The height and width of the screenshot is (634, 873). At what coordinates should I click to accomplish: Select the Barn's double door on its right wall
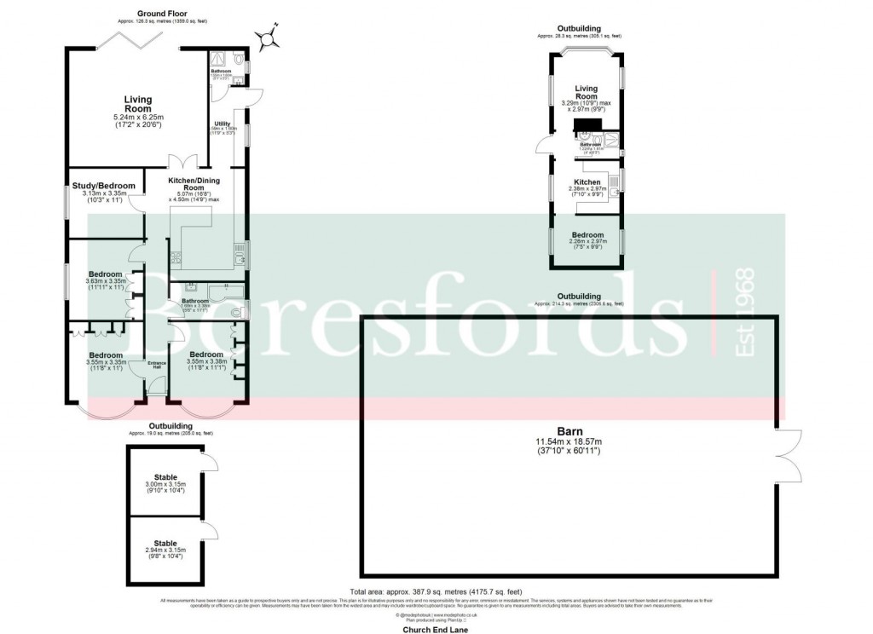coord(789,452)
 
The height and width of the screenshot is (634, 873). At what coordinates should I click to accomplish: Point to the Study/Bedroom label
coord(103,186)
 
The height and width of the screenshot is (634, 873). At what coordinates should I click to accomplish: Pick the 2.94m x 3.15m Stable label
coord(165,543)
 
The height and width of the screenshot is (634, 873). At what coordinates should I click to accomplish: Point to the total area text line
coord(436,591)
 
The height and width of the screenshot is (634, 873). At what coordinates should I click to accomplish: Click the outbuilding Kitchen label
coord(587,182)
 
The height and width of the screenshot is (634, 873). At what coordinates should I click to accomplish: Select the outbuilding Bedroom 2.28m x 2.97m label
coord(587,234)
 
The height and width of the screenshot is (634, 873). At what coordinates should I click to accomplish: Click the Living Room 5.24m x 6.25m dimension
coord(137,117)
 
